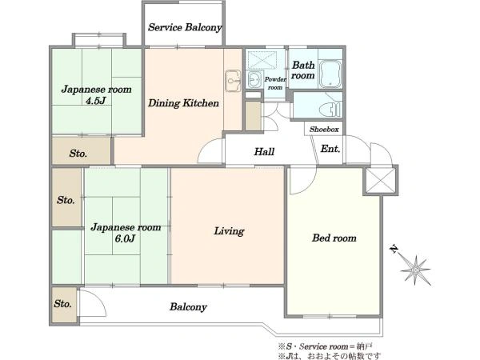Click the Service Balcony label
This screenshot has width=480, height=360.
[x=185, y=27]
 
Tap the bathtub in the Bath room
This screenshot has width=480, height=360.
[x=330, y=74]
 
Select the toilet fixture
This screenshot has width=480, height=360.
[x=330, y=110]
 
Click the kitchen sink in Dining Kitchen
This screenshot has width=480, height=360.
[x=233, y=81]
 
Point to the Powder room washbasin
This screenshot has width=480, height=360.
[x=254, y=79]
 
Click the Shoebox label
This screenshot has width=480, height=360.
[x=324, y=129]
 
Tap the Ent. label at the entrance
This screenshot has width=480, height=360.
[x=330, y=149]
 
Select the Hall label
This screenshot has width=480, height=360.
[x=264, y=151]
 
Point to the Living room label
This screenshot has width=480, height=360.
[x=229, y=231]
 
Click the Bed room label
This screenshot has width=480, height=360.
[x=334, y=238]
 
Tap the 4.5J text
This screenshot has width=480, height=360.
[x=96, y=101]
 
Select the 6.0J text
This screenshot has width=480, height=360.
[x=125, y=238]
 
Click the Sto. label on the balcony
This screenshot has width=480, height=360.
[x=62, y=304]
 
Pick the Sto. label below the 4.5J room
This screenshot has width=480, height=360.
[x=78, y=153]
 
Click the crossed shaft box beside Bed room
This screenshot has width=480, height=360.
[x=381, y=180]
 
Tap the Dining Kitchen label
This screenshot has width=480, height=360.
[x=183, y=103]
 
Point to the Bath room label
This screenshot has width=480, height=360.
[x=303, y=70]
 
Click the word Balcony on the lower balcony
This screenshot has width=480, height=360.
[x=188, y=306]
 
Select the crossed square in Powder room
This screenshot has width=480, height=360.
[x=262, y=60]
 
